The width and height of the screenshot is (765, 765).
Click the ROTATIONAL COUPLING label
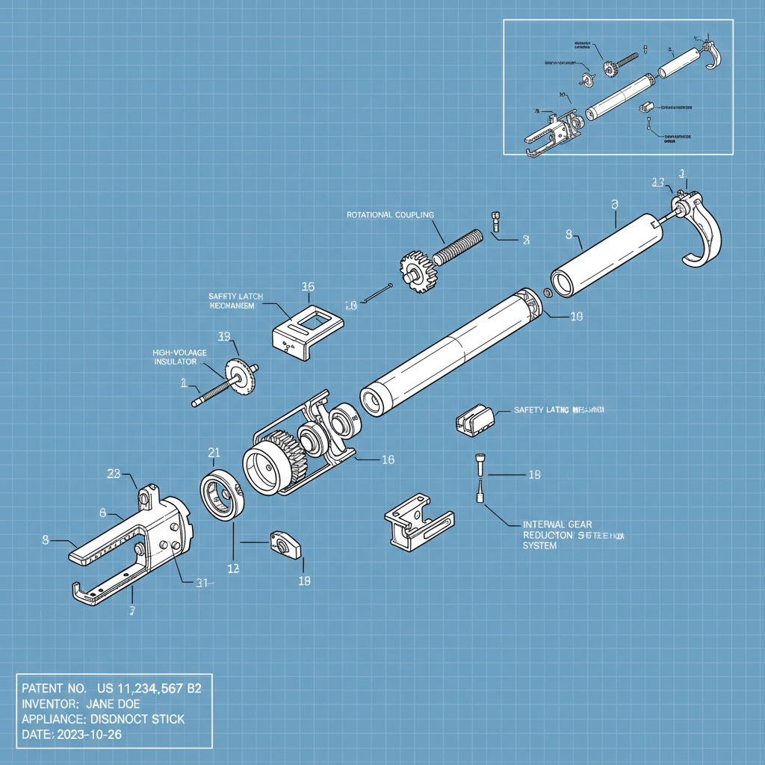pyautogui.click(x=390, y=214)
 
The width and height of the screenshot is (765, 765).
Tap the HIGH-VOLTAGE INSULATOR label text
pyautogui.click(x=179, y=356)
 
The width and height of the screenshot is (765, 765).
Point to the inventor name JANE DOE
pyautogui.click(x=113, y=703)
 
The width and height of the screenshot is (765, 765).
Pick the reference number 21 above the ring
pyautogui.click(x=214, y=452)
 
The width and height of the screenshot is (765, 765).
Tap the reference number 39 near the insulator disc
pyautogui.click(x=223, y=336)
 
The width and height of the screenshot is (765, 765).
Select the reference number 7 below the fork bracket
pyautogui.click(x=132, y=610)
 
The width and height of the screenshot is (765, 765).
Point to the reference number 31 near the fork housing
pyautogui.click(x=202, y=583)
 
